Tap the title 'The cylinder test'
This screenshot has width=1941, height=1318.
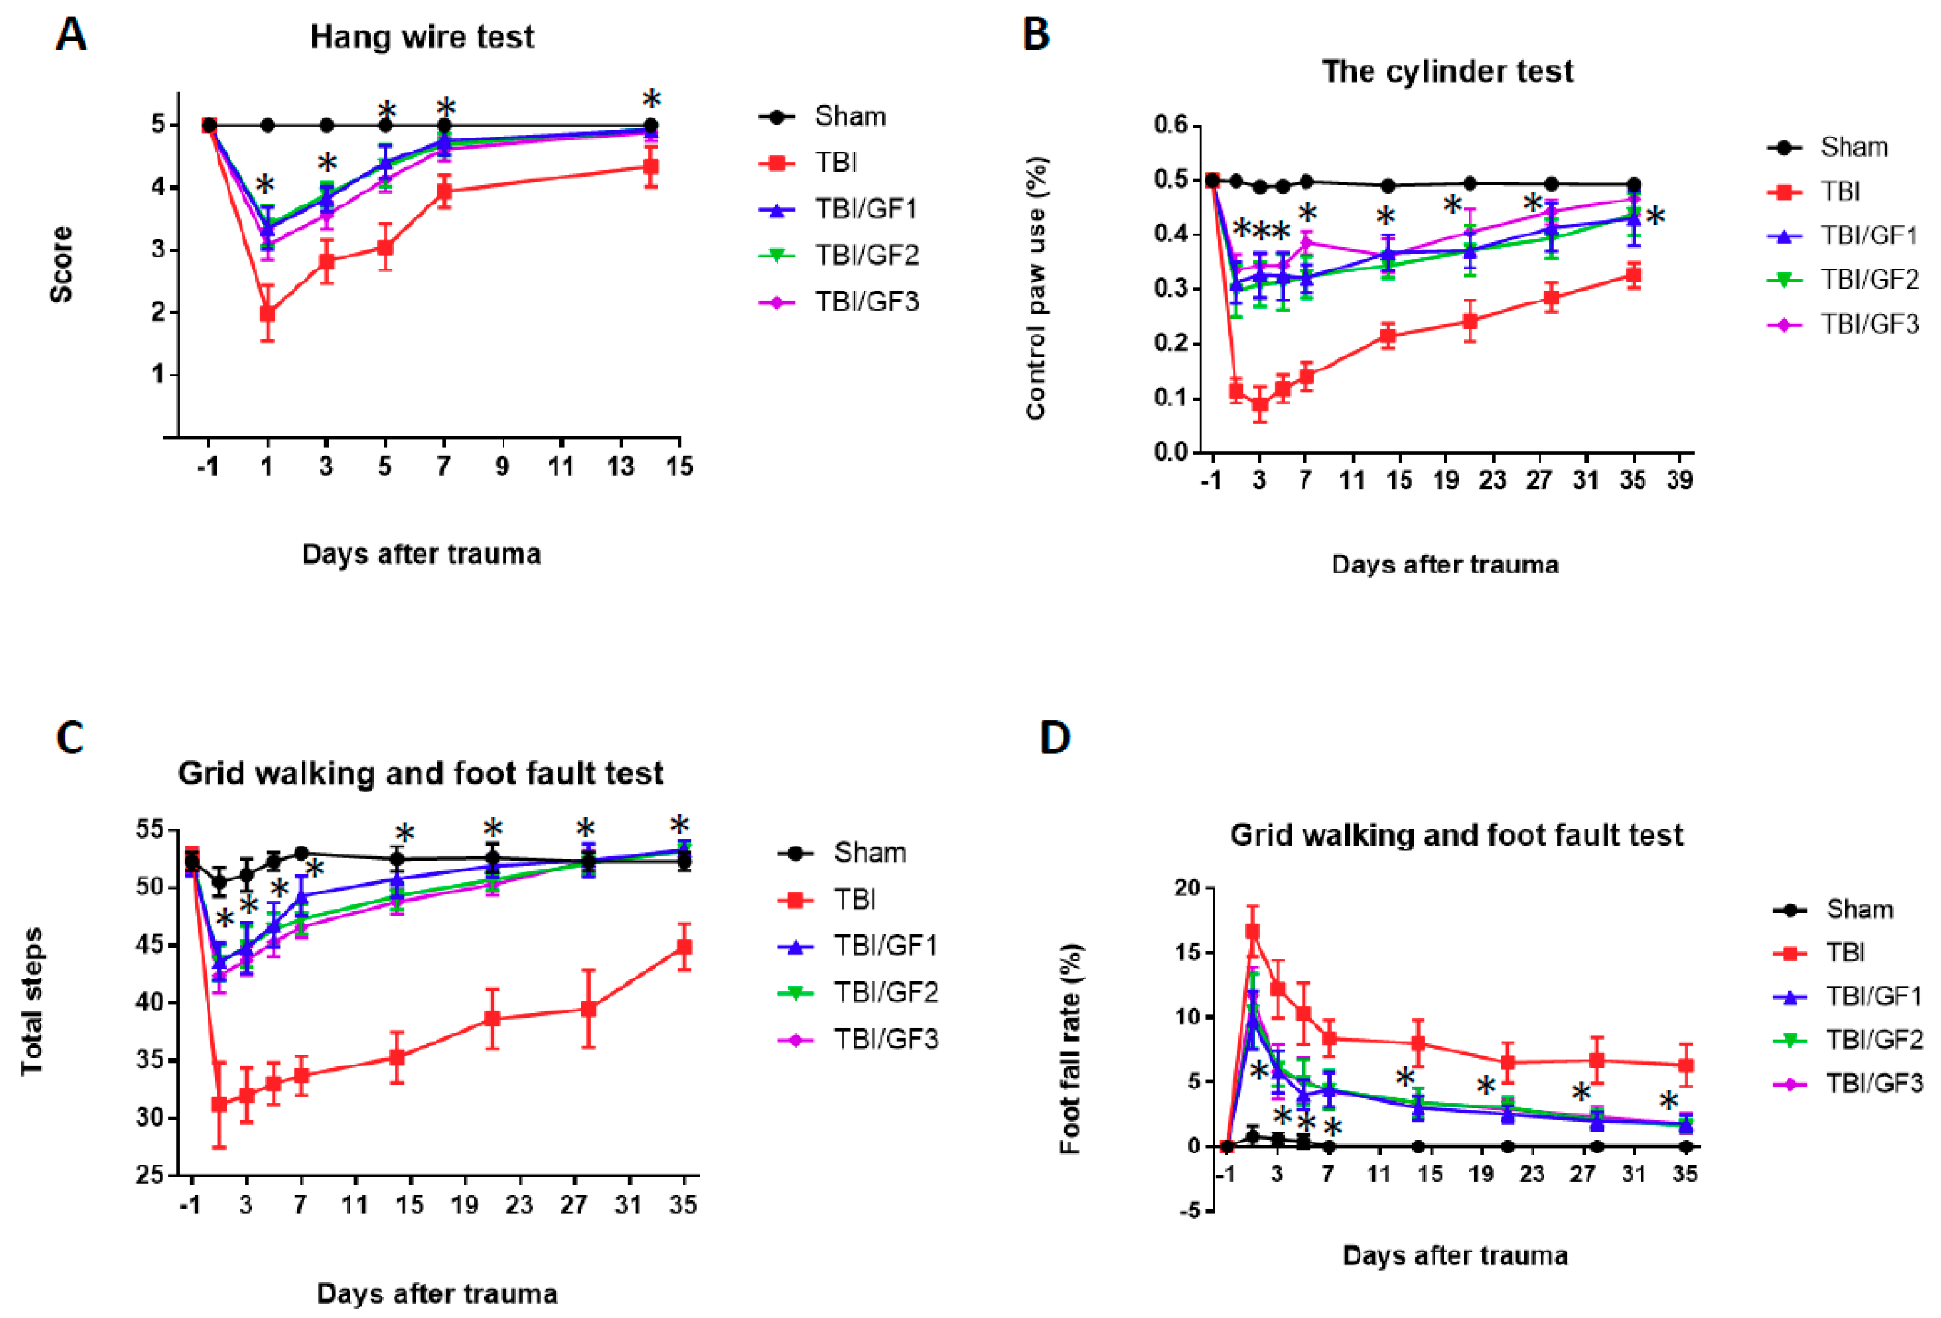click(1447, 72)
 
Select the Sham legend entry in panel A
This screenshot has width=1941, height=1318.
click(849, 116)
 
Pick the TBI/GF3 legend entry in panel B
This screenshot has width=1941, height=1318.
click(1869, 324)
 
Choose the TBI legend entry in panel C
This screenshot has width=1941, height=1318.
click(854, 900)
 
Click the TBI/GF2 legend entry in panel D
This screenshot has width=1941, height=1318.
click(1874, 1040)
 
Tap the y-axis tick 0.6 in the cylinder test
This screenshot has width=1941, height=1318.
click(1170, 125)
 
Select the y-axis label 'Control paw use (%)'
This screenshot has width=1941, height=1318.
click(1036, 288)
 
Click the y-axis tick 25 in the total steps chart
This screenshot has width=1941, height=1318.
click(151, 1175)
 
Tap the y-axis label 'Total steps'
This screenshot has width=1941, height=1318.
click(33, 1001)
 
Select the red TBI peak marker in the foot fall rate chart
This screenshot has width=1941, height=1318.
click(1253, 932)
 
